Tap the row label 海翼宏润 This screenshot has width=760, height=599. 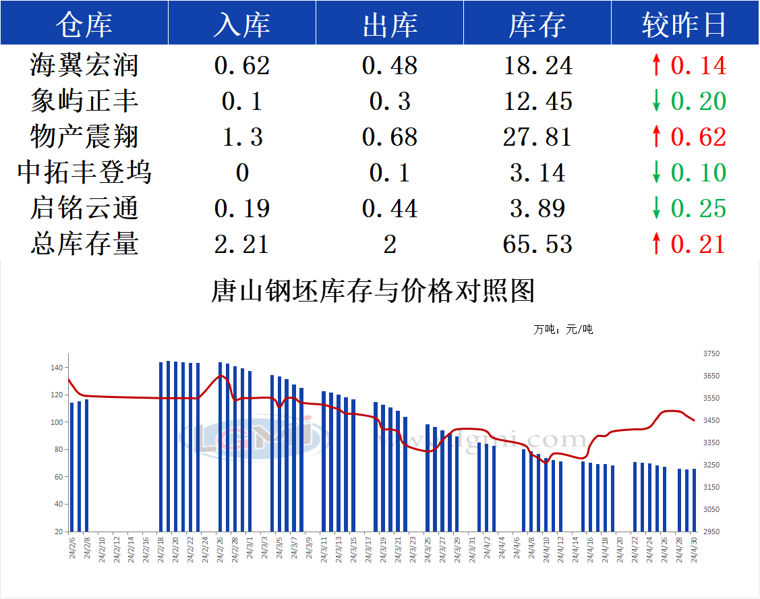point(84,65)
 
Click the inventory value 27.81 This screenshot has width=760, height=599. point(537,137)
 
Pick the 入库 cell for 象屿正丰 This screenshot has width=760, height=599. point(241,101)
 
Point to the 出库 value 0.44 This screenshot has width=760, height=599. point(390,208)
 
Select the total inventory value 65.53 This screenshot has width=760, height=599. point(537,244)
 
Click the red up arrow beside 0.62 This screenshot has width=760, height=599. point(656,137)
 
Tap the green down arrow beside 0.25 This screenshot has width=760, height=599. point(656,208)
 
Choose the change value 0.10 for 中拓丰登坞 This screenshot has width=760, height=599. point(699,173)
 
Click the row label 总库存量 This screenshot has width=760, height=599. point(84,244)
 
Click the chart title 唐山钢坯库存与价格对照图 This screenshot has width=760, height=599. point(373,291)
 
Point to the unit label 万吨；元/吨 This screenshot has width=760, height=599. point(563,330)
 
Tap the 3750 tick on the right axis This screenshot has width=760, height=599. point(711,353)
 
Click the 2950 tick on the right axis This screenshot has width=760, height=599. point(711,532)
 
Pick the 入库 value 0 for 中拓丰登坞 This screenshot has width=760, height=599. point(242,173)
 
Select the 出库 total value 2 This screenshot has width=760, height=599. point(390,244)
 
